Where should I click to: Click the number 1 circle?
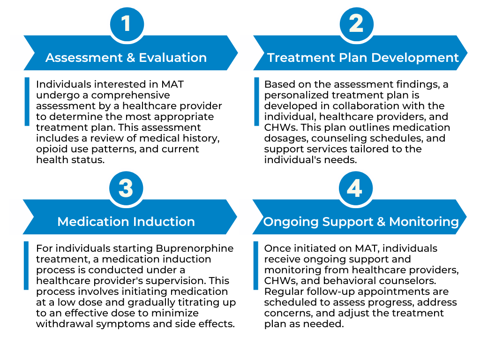click(x=127, y=23)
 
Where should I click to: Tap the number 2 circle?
click(x=356, y=23)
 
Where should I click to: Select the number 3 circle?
click(x=126, y=188)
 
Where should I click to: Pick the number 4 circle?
click(x=355, y=188)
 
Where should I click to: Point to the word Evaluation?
click(x=172, y=58)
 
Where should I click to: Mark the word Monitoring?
click(x=424, y=222)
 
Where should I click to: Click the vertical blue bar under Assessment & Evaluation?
click(x=27, y=102)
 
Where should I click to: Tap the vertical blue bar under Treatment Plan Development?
click(x=256, y=102)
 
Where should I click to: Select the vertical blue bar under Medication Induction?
click(x=26, y=265)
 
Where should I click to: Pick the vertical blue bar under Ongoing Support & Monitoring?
click(x=255, y=265)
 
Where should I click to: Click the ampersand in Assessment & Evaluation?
click(x=130, y=58)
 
